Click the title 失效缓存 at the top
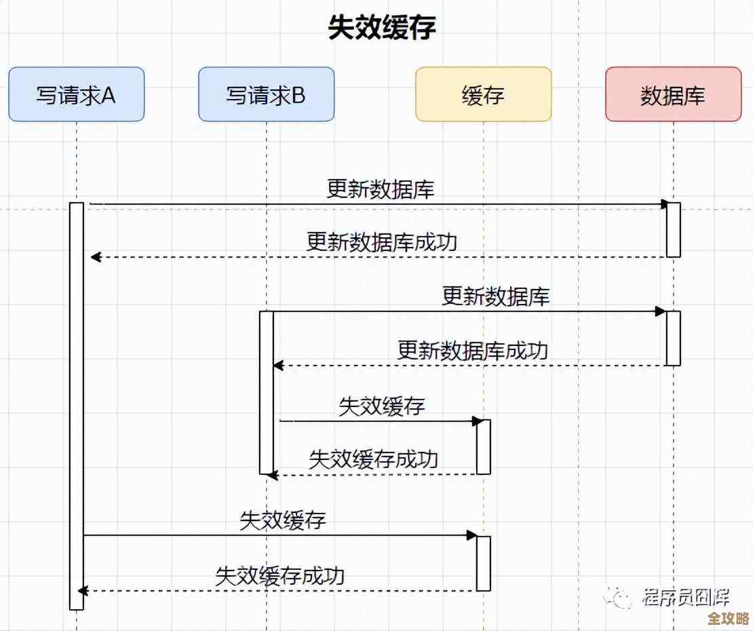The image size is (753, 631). click(381, 28)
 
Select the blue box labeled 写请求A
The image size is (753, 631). click(76, 94)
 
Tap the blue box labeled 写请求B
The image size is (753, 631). click(266, 94)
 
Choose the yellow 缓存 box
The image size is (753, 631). click(483, 94)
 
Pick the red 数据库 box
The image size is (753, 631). click(673, 94)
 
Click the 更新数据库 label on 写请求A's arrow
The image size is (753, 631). click(381, 189)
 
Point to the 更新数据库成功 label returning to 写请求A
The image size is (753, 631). click(382, 242)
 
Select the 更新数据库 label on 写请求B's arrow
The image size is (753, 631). click(495, 297)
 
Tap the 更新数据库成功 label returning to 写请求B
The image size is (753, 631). click(472, 350)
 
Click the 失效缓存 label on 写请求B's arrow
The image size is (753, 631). click(381, 406)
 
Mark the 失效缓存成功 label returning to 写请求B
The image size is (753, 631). click(373, 459)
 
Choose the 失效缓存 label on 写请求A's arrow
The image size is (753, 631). click(283, 520)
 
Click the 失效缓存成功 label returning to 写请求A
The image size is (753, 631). click(279, 575)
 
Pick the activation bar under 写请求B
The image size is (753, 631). click(267, 392)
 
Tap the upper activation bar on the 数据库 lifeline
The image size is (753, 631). click(673, 229)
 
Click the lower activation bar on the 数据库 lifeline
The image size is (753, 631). click(673, 338)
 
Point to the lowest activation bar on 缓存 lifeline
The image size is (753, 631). click(483, 563)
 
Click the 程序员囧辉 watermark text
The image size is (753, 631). click(685, 598)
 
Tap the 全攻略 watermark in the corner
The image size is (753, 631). click(727, 619)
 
